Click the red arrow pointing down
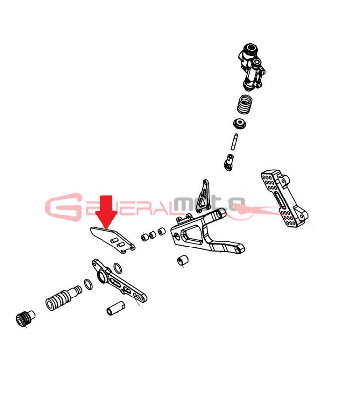[106, 212]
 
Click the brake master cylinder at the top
[252, 67]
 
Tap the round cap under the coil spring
[240, 123]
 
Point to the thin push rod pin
[234, 142]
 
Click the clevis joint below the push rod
[229, 163]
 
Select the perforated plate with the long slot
[284, 198]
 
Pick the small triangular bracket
[204, 195]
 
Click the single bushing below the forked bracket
[183, 260]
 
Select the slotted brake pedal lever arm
[119, 281]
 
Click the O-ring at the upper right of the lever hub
[118, 268]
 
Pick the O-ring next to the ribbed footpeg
[88, 284]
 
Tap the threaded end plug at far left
[25, 318]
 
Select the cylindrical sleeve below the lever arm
[116, 308]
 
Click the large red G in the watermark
[63, 207]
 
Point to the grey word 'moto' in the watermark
[209, 203]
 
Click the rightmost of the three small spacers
[162, 231]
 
